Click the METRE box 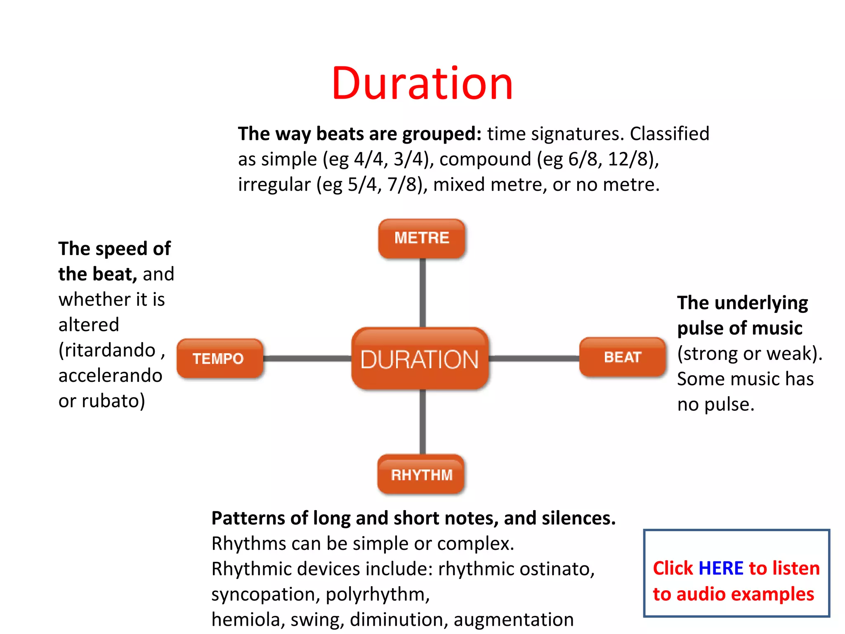(422, 238)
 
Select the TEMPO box (219, 358)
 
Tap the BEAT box (623, 357)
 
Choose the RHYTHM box (421, 475)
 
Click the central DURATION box (420, 359)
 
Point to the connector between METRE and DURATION (422, 293)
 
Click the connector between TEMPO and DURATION (307, 358)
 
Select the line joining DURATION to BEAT (534, 358)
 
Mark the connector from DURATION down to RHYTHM (422, 422)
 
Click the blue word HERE (721, 568)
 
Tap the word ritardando (110, 350)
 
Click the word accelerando (110, 376)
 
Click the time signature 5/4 (362, 185)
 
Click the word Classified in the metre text (669, 134)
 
